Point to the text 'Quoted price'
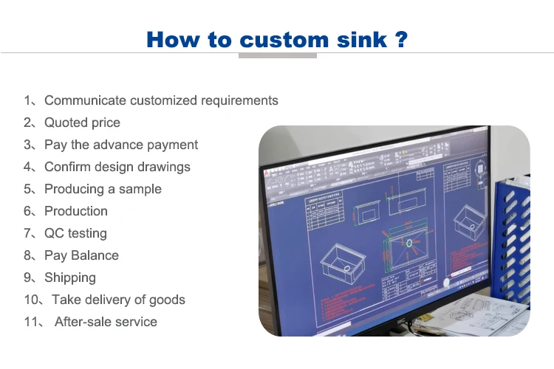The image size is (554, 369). pyautogui.click(x=82, y=123)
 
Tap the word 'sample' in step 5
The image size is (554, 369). pyautogui.click(x=140, y=189)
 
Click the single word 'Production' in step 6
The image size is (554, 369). pyautogui.click(x=76, y=211)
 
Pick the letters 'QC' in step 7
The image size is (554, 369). pyautogui.click(x=54, y=233)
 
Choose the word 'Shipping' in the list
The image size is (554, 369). pyautogui.click(x=70, y=277)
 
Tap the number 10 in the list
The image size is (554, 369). pyautogui.click(x=31, y=300)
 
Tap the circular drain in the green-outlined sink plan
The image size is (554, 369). pyautogui.click(x=408, y=242)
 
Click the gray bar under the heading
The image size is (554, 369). pyautogui.click(x=278, y=55)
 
